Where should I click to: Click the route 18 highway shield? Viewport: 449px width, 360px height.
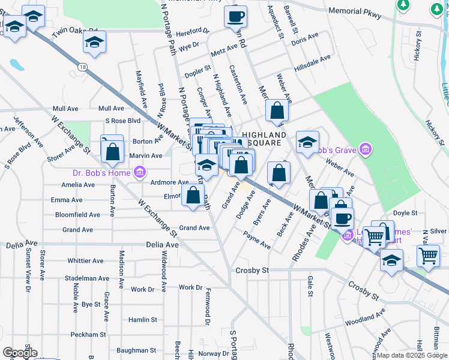point(82,67)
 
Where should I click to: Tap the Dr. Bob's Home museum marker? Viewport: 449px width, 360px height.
point(139,173)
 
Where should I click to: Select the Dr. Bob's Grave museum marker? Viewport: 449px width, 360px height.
point(364,150)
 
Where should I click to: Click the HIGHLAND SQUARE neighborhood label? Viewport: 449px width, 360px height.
point(264,139)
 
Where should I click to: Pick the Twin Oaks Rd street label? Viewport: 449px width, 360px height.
point(75,32)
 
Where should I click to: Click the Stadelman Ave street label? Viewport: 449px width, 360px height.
point(87,278)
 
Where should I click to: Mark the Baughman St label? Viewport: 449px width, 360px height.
point(136,350)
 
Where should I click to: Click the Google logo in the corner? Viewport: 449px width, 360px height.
point(20,352)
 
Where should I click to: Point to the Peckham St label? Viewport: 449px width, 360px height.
point(86,334)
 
